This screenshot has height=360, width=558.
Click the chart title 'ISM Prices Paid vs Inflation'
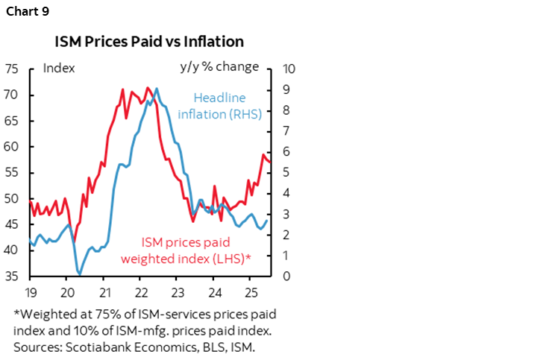tap(148, 40)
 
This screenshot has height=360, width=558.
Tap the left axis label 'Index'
tap(59, 68)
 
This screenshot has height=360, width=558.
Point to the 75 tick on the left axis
tap(11, 69)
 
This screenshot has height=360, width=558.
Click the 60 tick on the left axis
tap(11, 147)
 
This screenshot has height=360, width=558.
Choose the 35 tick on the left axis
tap(11, 277)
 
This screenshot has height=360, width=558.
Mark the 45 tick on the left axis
tap(11, 224)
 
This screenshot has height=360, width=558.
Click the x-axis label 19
tap(31, 291)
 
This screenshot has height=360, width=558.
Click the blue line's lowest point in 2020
tap(79, 274)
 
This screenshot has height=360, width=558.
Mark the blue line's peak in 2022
tap(156, 89)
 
